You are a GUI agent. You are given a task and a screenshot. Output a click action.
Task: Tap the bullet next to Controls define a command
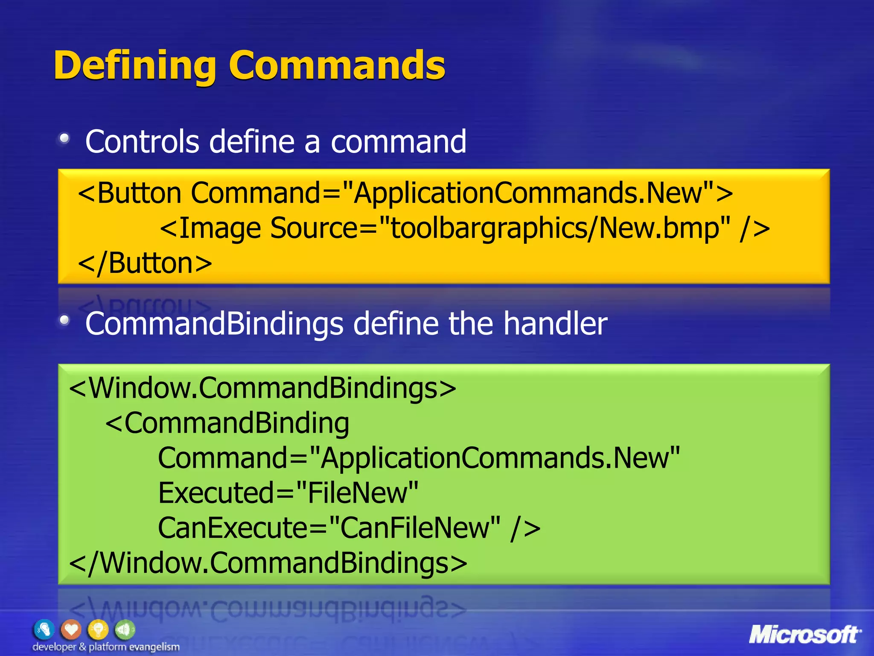(64, 138)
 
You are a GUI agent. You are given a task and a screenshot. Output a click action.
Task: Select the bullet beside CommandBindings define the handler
(64, 320)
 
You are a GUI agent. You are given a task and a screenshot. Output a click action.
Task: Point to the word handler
(555, 323)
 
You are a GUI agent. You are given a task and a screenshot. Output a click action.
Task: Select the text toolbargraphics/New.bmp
(554, 228)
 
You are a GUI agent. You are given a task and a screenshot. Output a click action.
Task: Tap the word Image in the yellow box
(219, 228)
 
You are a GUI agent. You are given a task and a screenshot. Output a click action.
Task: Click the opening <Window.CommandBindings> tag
(262, 388)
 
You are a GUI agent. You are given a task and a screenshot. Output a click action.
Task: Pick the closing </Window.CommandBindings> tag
(268, 563)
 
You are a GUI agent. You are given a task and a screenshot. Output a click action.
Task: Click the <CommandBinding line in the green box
(227, 423)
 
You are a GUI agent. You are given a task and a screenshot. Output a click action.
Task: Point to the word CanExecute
(233, 528)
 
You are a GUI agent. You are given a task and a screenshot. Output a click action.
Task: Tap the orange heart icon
(71, 630)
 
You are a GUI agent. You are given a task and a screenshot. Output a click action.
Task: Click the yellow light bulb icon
(98, 630)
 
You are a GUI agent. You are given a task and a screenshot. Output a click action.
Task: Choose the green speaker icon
(125, 630)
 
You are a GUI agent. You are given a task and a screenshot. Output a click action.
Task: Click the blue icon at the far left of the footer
(44, 630)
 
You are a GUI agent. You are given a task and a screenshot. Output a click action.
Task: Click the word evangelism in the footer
(154, 647)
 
